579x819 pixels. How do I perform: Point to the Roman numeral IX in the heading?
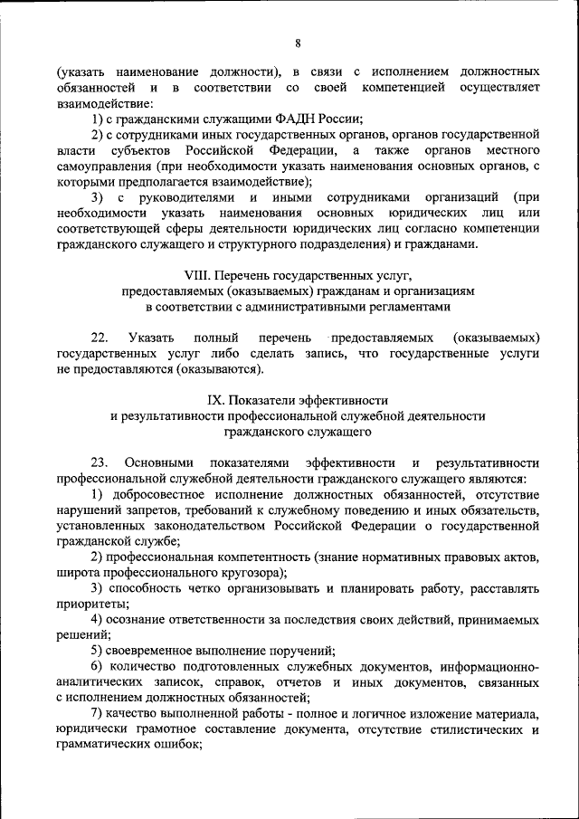click(214, 399)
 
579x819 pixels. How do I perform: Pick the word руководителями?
click(185, 197)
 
